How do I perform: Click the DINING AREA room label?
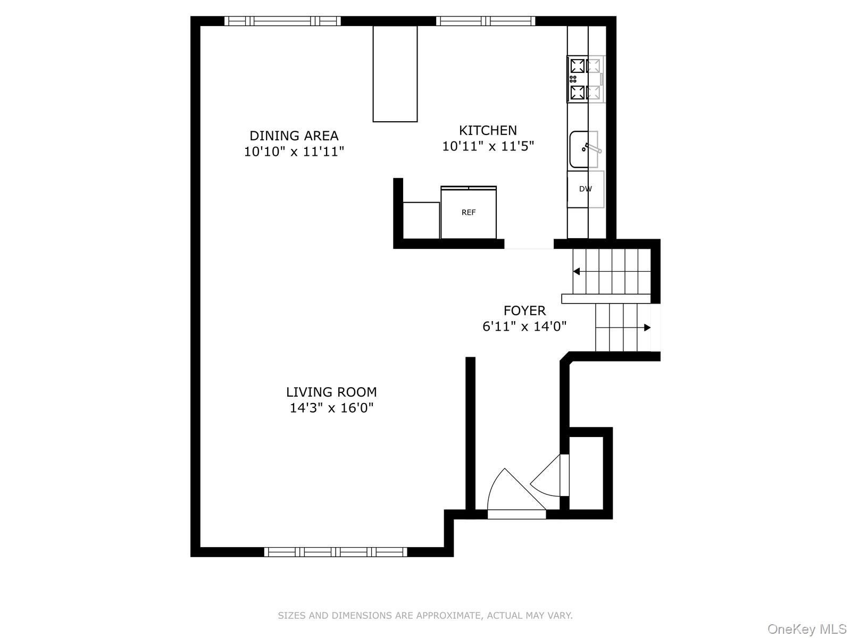click(294, 136)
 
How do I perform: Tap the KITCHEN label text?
click(488, 130)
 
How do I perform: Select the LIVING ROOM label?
click(331, 392)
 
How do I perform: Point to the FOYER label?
click(524, 310)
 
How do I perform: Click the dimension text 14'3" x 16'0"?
click(331, 408)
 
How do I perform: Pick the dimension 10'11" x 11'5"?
click(488, 146)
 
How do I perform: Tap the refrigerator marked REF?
click(469, 213)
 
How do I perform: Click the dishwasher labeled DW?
click(585, 189)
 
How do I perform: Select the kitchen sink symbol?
click(583, 149)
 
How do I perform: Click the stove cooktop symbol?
click(585, 80)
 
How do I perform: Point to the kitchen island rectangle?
click(395, 74)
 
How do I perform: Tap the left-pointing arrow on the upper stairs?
click(576, 272)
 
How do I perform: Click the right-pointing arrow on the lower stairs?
click(647, 328)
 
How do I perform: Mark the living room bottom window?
click(336, 552)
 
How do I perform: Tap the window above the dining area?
click(282, 21)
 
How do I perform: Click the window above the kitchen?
click(486, 21)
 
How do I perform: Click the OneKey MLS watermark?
click(806, 629)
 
